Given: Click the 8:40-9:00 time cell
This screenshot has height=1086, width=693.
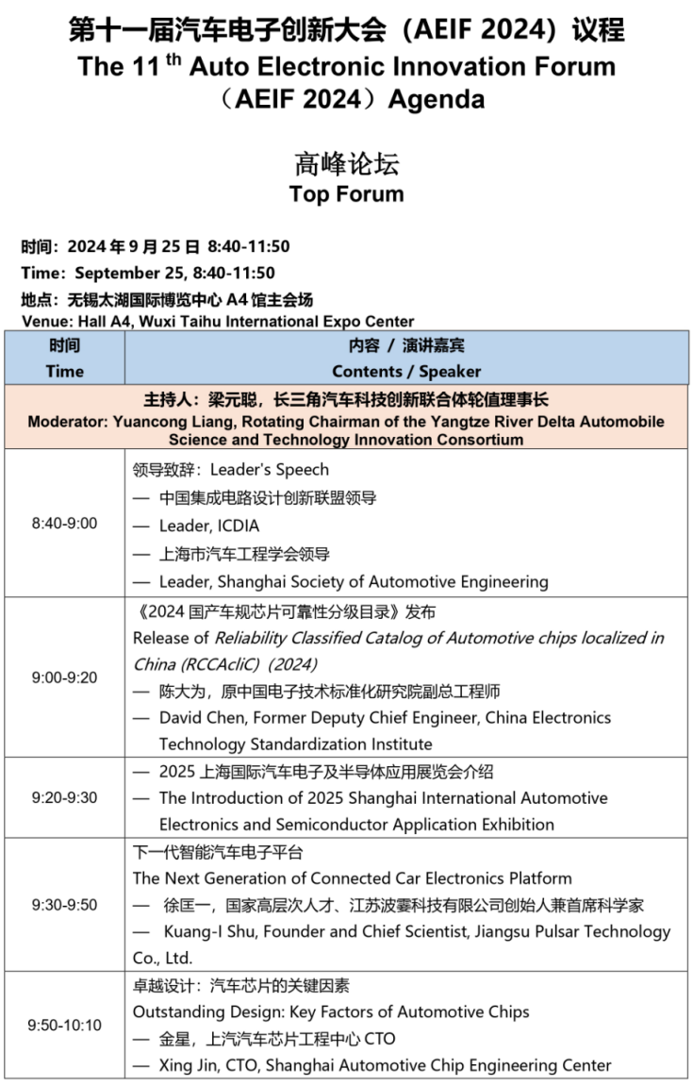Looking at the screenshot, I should point(64,523).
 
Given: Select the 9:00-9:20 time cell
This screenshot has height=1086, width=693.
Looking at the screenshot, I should point(64,677).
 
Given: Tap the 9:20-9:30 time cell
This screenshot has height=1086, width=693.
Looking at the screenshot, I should point(64,797).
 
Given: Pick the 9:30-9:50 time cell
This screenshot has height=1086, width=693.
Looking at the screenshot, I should point(64,905).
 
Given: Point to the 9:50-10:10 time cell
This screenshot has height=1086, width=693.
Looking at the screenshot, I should point(64,1025).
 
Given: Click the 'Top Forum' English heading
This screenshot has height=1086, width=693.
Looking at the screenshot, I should point(346,194).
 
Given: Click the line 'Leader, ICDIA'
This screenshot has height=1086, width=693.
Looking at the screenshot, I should point(208,526).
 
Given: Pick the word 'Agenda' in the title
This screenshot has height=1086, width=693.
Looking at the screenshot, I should point(440,98).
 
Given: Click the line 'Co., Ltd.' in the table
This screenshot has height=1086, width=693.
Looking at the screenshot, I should point(163,958).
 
